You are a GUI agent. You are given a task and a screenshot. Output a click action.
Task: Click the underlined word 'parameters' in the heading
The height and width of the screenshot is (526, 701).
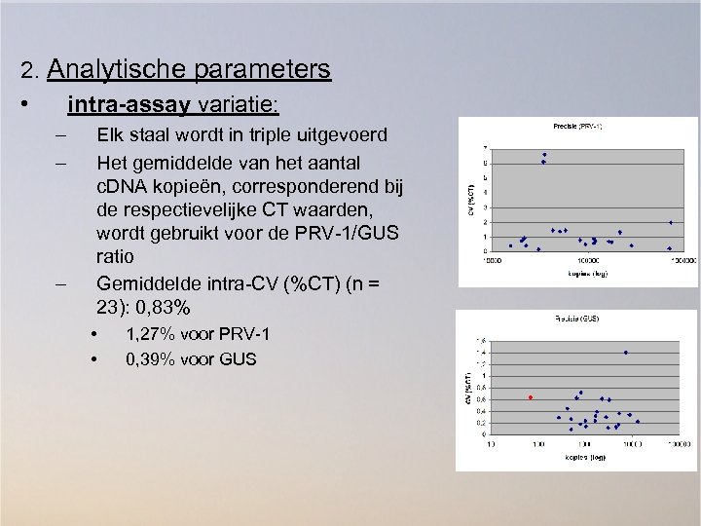click(263, 69)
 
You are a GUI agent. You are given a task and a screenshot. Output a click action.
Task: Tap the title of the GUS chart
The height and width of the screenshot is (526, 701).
click(576, 319)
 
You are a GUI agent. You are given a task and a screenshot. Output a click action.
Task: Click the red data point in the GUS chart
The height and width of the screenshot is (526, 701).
click(531, 397)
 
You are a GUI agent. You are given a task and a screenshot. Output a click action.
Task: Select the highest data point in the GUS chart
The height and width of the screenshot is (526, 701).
click(625, 353)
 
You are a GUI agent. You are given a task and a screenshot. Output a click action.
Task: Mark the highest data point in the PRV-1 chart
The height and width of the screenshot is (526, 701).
click(545, 155)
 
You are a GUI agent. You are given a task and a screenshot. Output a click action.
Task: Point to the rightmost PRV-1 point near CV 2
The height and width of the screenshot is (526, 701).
click(671, 222)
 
